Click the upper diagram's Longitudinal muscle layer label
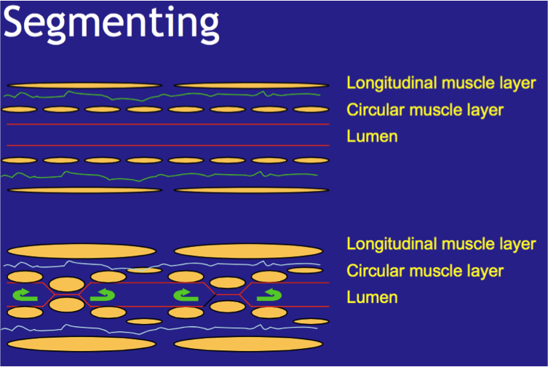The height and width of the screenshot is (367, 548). point(441,82)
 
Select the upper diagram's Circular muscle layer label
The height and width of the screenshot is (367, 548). point(425,110)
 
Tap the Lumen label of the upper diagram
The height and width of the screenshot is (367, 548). point(372,136)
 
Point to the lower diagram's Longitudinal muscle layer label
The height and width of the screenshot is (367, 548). point(441,244)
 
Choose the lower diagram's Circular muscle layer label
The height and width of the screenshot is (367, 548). point(425,271)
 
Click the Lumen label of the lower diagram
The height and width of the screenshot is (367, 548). point(372,297)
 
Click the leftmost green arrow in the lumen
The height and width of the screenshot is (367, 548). point(26,295)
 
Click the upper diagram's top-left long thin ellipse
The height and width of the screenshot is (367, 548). point(84,85)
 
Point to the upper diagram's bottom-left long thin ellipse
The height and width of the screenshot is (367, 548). point(84,190)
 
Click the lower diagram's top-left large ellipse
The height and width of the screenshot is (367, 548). point(82,250)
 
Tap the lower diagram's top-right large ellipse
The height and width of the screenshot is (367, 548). point(247,250)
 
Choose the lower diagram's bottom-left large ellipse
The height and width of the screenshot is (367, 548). point(82,344)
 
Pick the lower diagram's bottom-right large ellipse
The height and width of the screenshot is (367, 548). point(247,344)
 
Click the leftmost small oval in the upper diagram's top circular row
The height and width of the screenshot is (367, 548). point(19,109)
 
